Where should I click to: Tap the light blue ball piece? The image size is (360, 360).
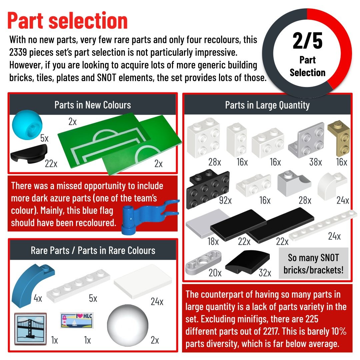27,125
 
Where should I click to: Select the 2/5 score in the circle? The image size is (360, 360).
307,41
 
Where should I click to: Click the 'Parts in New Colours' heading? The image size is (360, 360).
93,105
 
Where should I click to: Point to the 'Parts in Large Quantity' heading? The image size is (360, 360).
267,105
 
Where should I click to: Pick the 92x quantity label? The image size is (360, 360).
225,200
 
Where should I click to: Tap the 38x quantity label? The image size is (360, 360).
315,162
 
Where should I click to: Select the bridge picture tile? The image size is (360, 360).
30,329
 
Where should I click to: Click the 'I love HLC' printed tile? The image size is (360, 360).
77,320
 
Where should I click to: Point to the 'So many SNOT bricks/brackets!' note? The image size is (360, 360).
313,264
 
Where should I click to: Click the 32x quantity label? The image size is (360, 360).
265,273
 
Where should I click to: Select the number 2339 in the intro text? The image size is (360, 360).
18,53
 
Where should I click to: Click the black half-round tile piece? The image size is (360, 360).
29,154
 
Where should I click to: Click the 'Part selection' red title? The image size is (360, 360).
67,21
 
